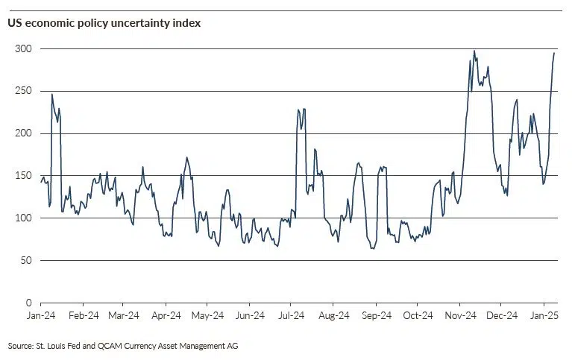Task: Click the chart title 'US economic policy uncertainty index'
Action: point(104,23)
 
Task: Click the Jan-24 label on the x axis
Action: point(41,316)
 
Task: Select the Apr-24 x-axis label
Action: point(166,316)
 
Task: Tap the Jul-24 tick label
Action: point(292,316)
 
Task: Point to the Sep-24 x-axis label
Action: point(377,316)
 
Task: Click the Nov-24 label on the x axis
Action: point(460,316)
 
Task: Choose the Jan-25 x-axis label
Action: point(544,316)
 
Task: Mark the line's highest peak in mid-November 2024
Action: point(474,51)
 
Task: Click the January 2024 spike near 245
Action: point(52,94)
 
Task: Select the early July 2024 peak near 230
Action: point(298,110)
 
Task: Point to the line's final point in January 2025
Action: point(554,53)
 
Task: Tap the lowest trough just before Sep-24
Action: point(371,248)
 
